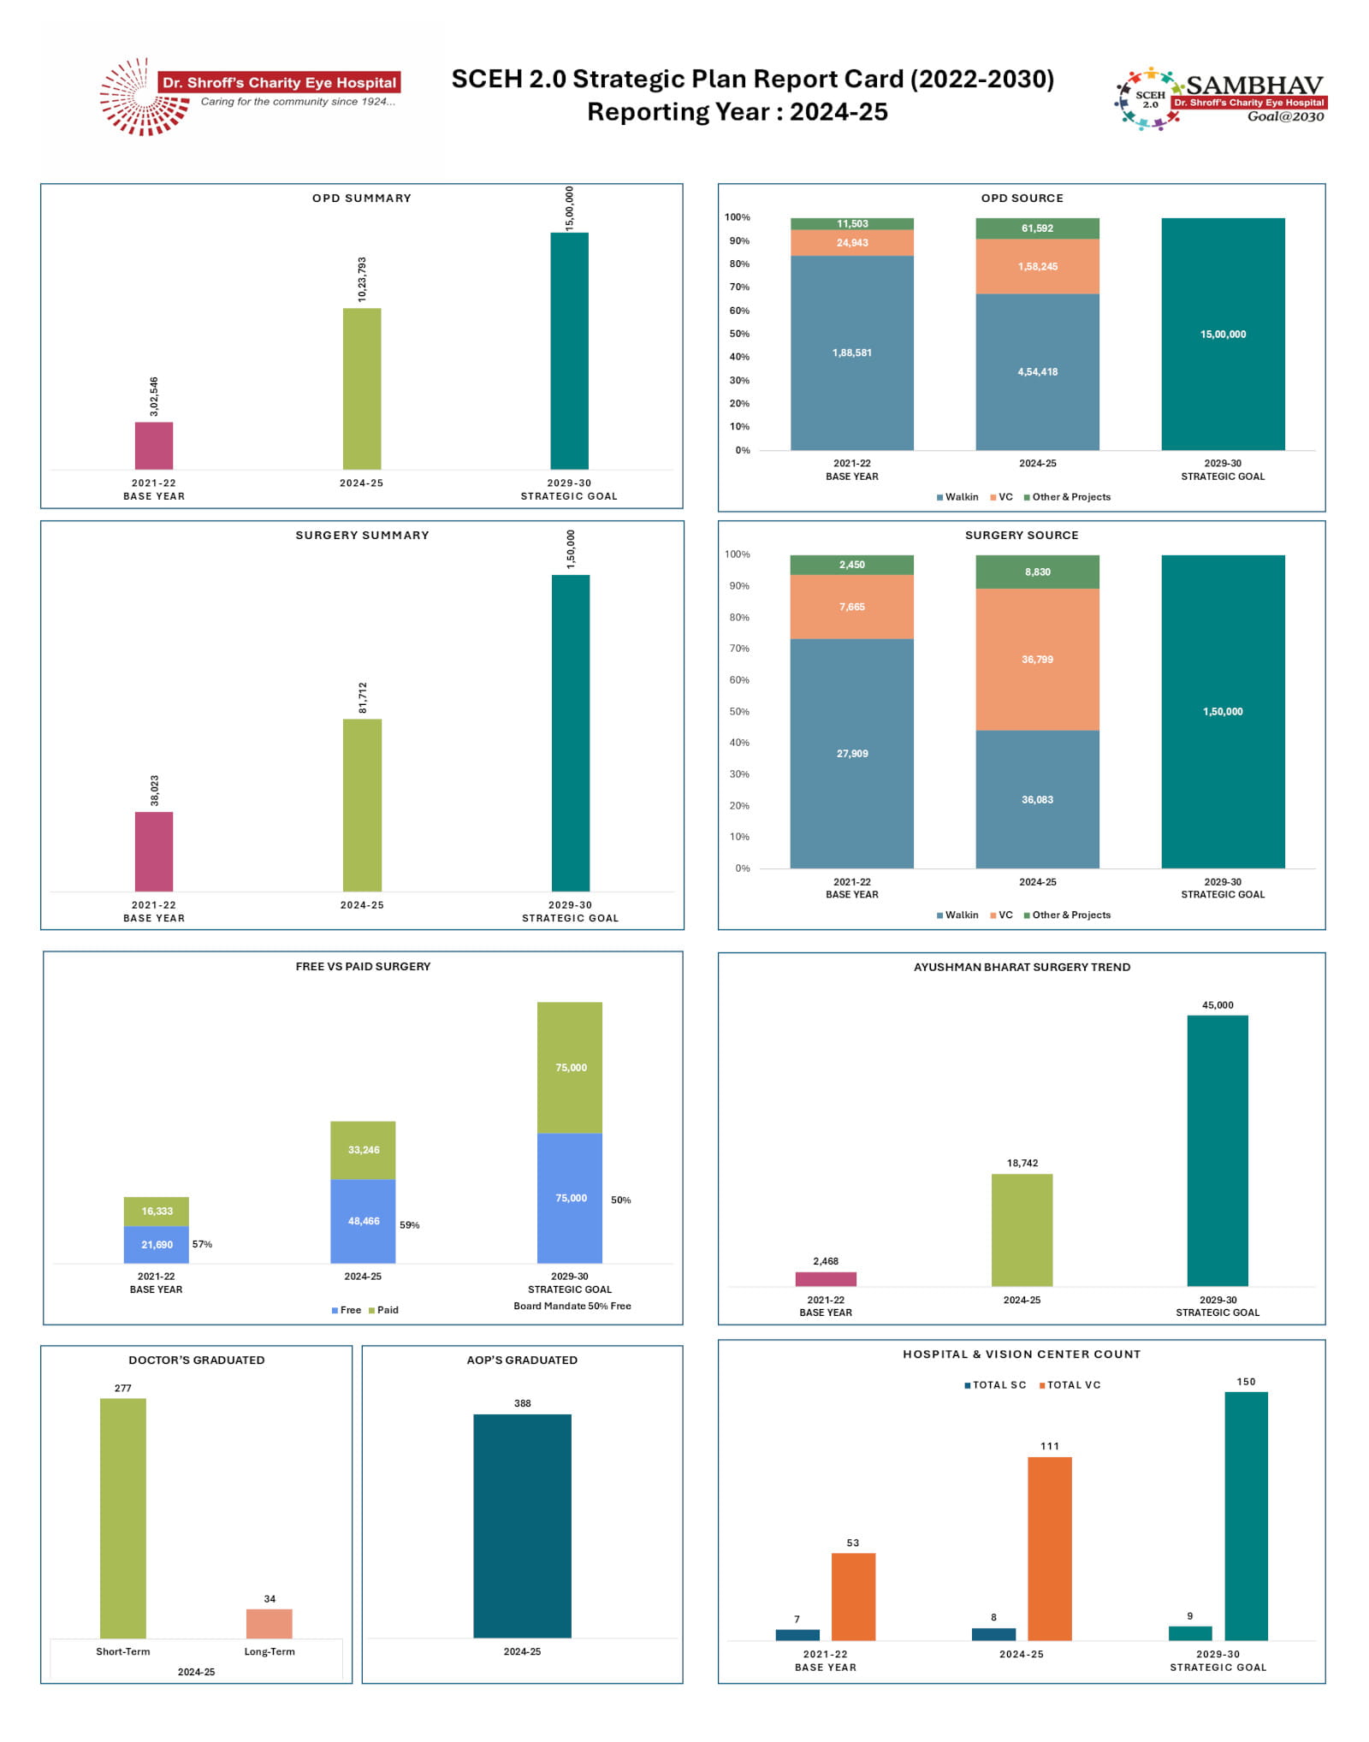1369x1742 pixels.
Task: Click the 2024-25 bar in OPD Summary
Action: click(362, 388)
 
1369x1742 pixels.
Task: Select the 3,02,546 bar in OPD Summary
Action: click(154, 445)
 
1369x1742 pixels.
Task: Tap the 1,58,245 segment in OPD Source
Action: click(1037, 267)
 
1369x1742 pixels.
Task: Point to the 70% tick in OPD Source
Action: click(739, 287)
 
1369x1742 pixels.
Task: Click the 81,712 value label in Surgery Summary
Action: click(363, 697)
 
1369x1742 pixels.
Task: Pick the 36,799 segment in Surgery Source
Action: click(1037, 660)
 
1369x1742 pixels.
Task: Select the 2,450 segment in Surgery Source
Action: click(851, 565)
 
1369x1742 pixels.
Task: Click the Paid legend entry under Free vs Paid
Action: click(383, 1310)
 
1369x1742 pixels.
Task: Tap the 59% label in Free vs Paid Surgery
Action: click(410, 1225)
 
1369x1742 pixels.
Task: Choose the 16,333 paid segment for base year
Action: click(157, 1212)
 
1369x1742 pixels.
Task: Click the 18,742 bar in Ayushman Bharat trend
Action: click(1022, 1229)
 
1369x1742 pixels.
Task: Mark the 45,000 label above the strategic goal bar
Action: click(1217, 1005)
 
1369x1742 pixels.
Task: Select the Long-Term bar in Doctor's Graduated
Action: click(270, 1623)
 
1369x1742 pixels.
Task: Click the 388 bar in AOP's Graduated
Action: click(522, 1526)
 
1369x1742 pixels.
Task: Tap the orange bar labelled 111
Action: click(1049, 1548)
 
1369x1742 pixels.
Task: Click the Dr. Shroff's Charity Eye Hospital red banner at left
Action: click(280, 83)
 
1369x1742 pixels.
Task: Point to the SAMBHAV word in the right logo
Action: click(1254, 86)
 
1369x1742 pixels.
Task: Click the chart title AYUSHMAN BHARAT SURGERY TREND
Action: click(1022, 967)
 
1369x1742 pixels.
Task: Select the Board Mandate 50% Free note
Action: click(572, 1306)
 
